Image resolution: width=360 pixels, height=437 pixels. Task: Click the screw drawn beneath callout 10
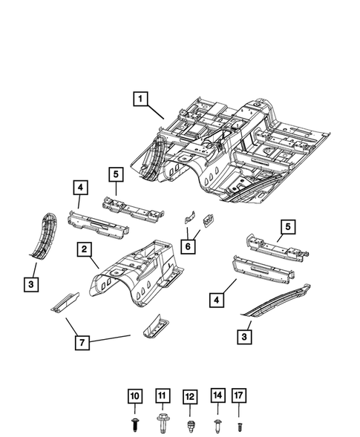(134, 424)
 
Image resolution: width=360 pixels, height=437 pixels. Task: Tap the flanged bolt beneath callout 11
(163, 425)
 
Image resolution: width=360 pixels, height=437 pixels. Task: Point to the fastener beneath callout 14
(217, 425)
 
